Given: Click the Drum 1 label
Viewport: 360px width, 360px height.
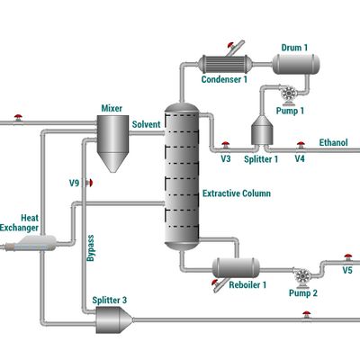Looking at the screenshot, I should point(294,46).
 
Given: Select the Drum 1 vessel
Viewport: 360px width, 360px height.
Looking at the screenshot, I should point(295,62).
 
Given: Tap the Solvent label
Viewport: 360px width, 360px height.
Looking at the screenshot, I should point(147,124).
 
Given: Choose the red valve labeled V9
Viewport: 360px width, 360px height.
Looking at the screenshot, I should point(90,183).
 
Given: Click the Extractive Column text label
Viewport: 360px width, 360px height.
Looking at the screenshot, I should point(237,193).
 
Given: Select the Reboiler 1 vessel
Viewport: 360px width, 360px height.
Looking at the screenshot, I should point(235,266).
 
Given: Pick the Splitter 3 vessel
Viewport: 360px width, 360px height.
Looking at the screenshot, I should point(112,318).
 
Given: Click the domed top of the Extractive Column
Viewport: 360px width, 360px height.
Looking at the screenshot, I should point(180,108).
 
